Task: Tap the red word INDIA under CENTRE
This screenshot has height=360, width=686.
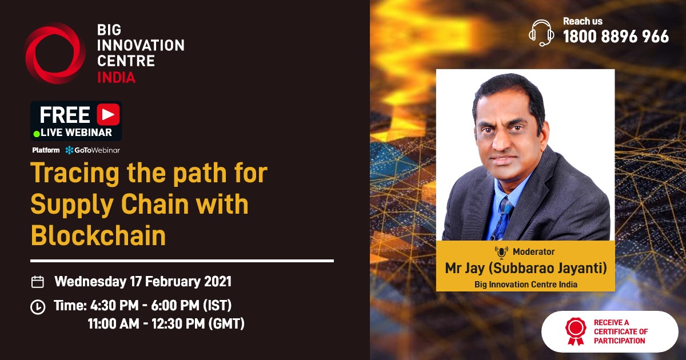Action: point(116,77)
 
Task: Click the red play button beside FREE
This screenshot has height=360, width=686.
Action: point(107,114)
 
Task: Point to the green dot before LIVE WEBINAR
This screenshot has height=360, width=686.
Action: point(37,133)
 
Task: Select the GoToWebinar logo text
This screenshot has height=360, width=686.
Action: point(93,150)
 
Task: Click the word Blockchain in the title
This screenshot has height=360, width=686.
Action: point(98,235)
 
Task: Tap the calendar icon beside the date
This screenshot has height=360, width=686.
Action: point(38,282)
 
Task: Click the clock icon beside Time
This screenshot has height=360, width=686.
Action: point(38,307)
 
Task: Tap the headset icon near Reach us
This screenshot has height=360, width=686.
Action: point(540,32)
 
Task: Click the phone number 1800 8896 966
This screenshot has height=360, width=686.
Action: point(616,37)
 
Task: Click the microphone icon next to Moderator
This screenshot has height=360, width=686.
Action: point(501,251)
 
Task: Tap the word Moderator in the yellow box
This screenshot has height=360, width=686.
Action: point(533,251)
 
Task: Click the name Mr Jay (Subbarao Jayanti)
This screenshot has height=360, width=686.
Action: point(525,268)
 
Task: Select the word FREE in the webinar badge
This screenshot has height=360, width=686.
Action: point(65,115)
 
